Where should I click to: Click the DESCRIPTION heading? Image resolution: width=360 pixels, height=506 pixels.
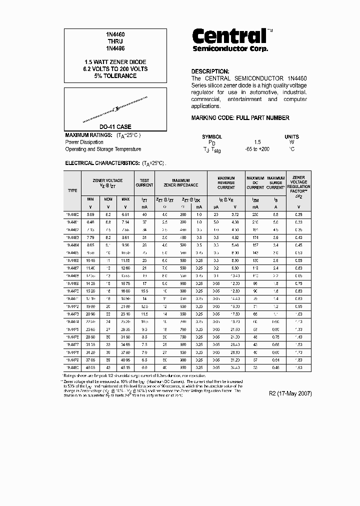tap(210, 71)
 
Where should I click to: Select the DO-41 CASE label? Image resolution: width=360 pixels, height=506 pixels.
tap(115, 127)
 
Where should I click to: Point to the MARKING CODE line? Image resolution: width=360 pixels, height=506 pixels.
tap(240, 118)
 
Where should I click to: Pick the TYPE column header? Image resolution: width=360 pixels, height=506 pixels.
tap(72, 190)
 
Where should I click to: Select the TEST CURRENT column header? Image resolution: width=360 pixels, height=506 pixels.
tap(144, 182)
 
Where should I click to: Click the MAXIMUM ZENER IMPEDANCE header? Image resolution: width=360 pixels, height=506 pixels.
tap(181, 182)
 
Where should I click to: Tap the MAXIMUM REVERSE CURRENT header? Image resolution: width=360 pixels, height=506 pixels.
tap(226, 182)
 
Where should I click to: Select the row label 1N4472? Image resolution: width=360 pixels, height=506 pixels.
tap(72, 306)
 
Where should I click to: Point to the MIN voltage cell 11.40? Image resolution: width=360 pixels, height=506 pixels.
tap(90, 268)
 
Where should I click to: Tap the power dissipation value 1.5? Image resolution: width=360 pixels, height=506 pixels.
tap(257, 142)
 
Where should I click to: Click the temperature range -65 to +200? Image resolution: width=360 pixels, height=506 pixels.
tap(257, 149)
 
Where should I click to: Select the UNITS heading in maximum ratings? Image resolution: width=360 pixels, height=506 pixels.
tap(291, 136)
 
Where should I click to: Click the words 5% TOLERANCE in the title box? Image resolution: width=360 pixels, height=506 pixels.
tap(115, 76)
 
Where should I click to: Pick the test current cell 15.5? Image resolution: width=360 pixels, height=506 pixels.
tap(144, 291)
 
